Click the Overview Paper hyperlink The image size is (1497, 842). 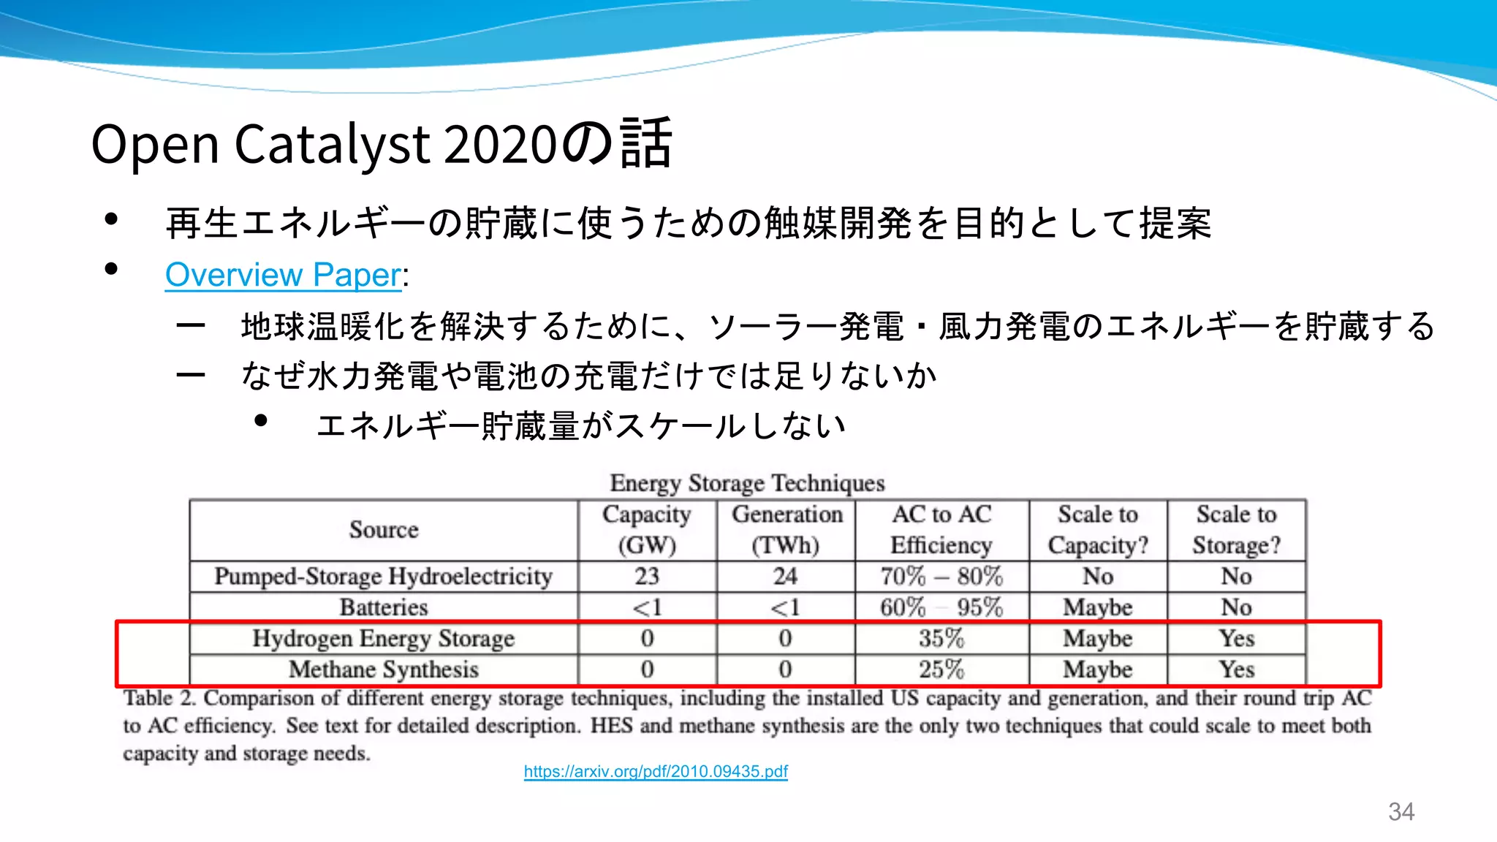point(283,275)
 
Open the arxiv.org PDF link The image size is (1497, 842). point(656,771)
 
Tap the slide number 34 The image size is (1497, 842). point(1401,811)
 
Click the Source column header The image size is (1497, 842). point(384,530)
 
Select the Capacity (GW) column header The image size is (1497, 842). point(647,530)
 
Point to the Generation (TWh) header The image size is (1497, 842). point(787,530)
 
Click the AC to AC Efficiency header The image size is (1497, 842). point(941,530)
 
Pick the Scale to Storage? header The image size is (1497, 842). point(1237,530)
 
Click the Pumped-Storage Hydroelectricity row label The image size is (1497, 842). point(384,577)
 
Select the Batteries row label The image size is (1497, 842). point(384,607)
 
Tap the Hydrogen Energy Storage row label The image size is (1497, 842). point(384,639)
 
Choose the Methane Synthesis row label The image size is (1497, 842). point(384,670)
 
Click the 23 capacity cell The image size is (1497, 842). point(647,577)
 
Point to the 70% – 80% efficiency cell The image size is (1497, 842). point(941,577)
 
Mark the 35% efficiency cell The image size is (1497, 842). point(941,639)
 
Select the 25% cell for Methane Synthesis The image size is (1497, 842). point(941,670)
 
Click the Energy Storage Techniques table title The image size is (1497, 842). point(747,483)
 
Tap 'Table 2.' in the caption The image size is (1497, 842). point(159,698)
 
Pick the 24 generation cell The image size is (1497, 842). point(786,577)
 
